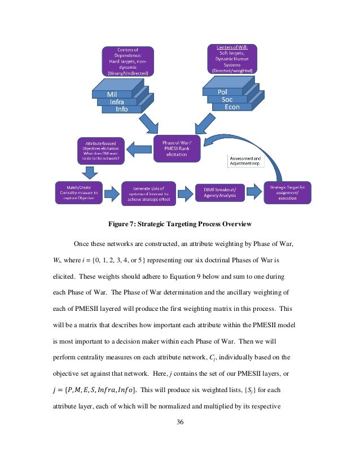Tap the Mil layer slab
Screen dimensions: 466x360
click(x=111, y=94)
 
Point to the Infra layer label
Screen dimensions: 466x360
click(x=117, y=102)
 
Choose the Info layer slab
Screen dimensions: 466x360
click(x=122, y=109)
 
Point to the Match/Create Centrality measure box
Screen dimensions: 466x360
click(x=79, y=192)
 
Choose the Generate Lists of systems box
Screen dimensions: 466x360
click(x=149, y=192)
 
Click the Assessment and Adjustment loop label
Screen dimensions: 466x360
click(x=244, y=161)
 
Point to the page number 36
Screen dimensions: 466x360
click(x=180, y=421)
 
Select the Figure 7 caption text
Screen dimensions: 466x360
click(x=179, y=224)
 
